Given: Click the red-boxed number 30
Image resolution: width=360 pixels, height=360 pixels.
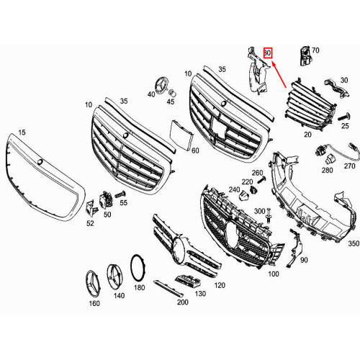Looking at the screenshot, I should click(x=268, y=53).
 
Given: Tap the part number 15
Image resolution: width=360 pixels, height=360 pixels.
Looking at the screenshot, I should click(x=22, y=132).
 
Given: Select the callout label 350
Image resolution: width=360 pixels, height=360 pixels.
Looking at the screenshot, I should click(x=353, y=245).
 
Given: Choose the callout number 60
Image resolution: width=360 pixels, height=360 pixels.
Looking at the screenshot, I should click(x=195, y=150).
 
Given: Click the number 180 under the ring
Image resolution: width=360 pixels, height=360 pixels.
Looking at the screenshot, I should click(x=139, y=287).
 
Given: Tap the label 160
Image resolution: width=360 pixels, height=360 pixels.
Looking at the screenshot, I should click(x=94, y=303).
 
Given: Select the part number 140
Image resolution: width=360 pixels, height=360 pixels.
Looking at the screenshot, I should click(x=118, y=295).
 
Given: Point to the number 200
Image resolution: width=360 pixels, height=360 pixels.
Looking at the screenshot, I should click(x=183, y=303).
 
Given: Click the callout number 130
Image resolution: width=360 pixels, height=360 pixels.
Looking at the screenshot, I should click(x=201, y=294).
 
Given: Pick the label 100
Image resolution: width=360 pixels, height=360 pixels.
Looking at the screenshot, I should click(x=273, y=274).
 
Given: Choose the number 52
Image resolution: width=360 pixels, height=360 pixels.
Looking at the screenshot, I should click(x=90, y=223).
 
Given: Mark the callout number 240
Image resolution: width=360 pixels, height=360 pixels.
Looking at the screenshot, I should click(x=234, y=189).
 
